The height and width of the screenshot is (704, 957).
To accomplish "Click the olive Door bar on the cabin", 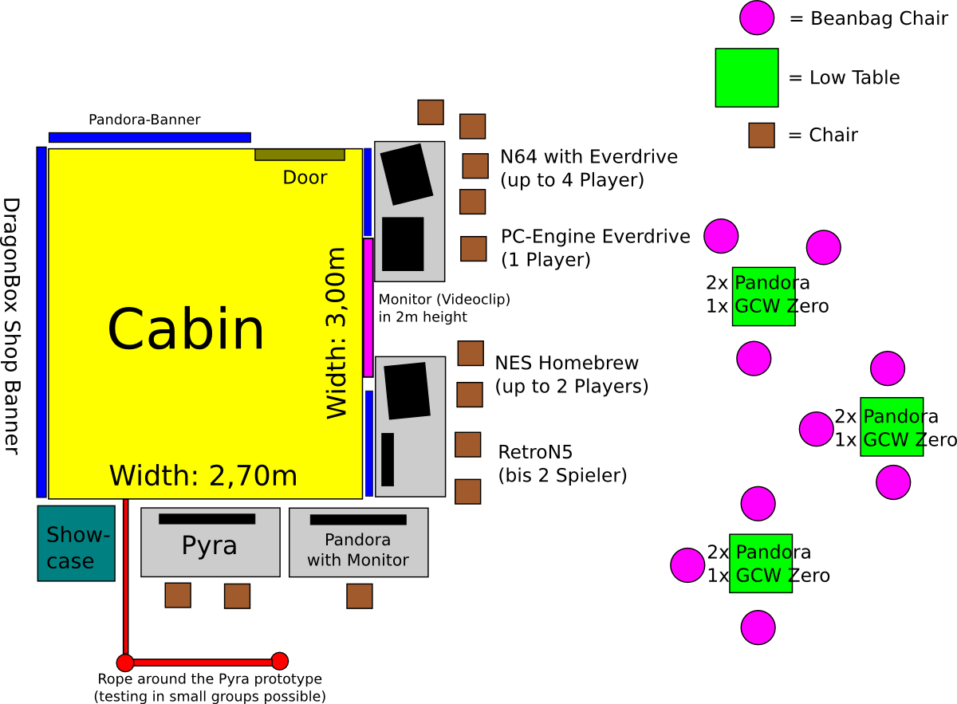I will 299,155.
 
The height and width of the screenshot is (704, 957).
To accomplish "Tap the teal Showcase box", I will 77,543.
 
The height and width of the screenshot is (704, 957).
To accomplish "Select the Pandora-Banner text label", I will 144,120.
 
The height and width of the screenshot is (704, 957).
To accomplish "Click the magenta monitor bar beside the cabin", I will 368,307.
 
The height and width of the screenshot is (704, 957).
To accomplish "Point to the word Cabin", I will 185,329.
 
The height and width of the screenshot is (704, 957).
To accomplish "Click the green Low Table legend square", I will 746,77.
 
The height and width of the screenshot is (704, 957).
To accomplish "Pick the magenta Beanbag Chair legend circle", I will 756,18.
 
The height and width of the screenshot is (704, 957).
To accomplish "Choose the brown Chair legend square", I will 762,135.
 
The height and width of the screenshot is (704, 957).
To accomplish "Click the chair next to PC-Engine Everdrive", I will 473,249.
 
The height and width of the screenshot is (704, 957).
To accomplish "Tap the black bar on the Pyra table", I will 207,519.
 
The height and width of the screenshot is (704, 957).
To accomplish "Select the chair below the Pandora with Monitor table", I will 359,596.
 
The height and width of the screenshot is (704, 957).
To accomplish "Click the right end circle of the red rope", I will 279,661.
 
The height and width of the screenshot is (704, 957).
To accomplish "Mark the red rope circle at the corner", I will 125,663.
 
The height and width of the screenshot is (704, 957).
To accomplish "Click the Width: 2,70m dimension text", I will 203,476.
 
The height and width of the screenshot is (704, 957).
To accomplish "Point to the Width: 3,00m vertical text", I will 337,333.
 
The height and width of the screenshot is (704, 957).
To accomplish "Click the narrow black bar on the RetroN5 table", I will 388,459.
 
